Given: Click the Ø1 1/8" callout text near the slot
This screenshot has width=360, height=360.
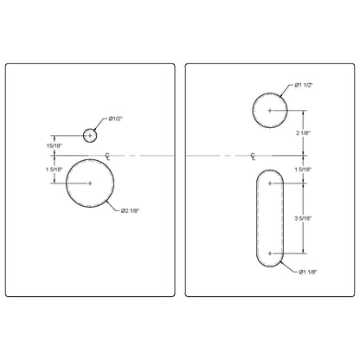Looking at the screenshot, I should pos(308,272).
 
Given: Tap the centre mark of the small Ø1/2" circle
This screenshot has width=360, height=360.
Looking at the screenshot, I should pos(91,135).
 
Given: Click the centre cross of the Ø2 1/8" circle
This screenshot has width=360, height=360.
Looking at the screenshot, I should pos(91,183).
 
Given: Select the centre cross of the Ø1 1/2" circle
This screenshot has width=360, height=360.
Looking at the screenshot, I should pos(271,111).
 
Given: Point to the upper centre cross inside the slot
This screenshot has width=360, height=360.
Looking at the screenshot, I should pos(271,183).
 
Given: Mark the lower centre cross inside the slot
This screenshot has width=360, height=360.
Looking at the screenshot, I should pos(271,254).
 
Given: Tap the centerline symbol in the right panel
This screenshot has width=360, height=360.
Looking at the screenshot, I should pos(253,156).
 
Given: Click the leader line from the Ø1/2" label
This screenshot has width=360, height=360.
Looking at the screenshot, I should pos(102,125).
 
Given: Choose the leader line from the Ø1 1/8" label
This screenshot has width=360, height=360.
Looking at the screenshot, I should pos(289,269).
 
